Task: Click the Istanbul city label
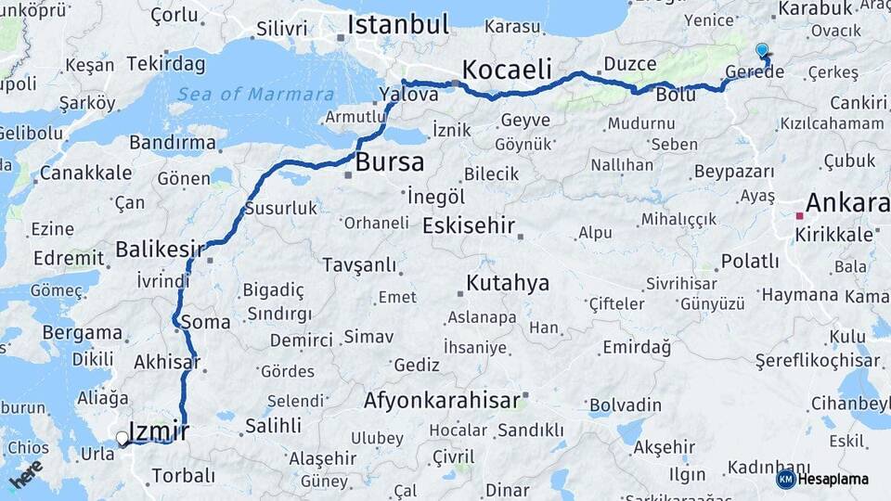coord(398,23)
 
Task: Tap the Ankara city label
coord(846,202)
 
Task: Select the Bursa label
coord(390,162)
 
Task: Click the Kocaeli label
coord(507,69)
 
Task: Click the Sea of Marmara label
coord(255,94)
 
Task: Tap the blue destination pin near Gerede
coord(762,51)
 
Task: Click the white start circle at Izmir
coord(122,438)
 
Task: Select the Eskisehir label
coord(469,225)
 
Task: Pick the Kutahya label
coord(508,283)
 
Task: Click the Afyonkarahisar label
coord(441,401)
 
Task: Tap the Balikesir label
coord(160,249)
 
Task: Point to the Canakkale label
coord(85,173)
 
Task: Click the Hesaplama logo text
coord(834,479)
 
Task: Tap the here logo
coord(26,473)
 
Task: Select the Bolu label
coord(676,95)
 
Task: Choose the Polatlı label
coord(750,261)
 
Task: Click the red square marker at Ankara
coord(798,215)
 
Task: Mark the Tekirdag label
coord(165,64)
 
